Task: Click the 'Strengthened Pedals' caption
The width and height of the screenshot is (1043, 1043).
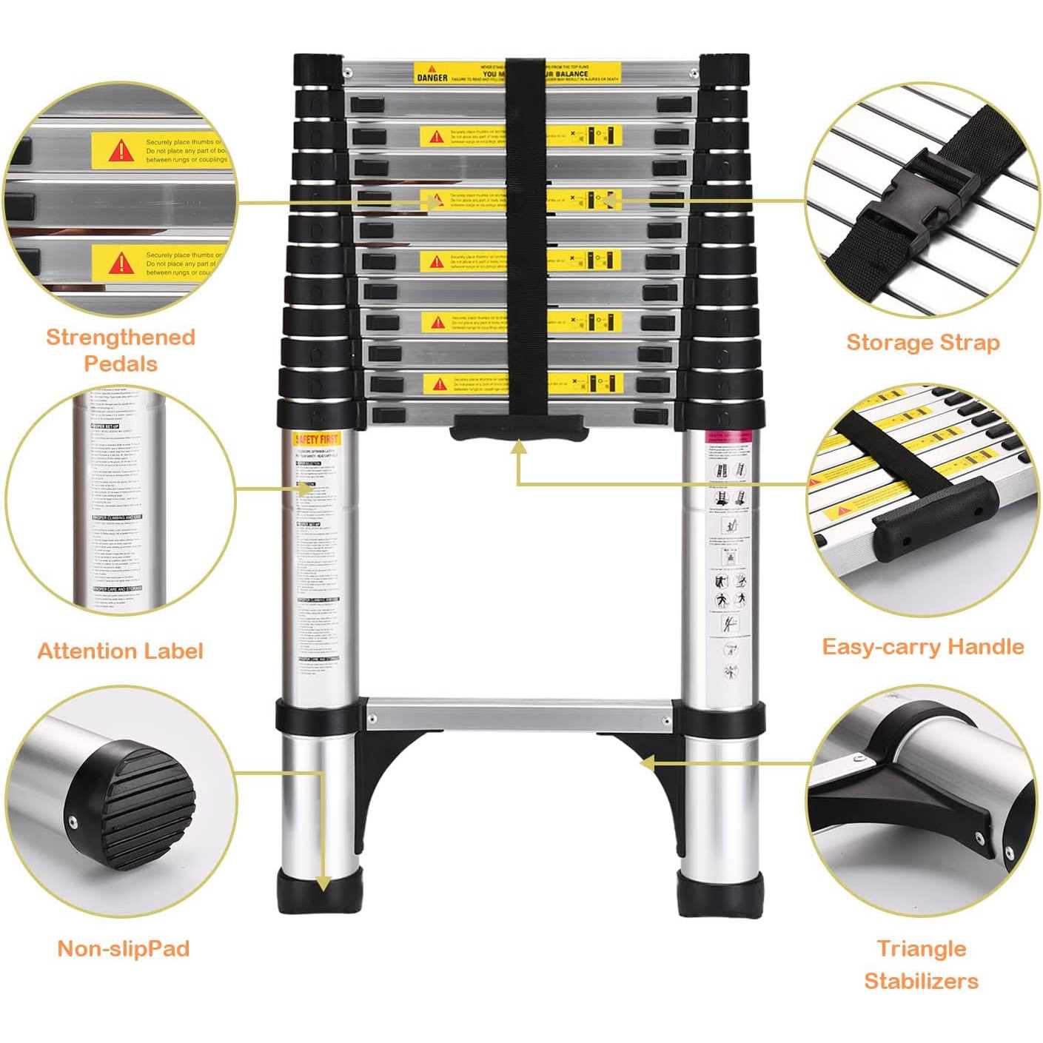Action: pos(121,350)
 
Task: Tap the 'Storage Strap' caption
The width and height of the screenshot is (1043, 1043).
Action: pos(922,342)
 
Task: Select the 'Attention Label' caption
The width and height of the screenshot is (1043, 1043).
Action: pos(120,651)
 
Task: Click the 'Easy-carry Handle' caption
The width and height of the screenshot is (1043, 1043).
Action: pos(922,646)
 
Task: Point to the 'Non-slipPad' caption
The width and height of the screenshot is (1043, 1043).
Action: pos(123,948)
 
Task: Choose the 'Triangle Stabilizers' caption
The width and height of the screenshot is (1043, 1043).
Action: pos(921,965)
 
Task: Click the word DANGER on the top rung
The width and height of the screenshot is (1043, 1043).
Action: pos(432,77)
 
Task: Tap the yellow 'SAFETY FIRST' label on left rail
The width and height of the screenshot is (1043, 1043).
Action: pos(316,439)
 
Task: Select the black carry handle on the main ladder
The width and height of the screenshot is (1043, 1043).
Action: pos(519,428)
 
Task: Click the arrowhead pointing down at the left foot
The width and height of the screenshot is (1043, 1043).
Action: pos(323,883)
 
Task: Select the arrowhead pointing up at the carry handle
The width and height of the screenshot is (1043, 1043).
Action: pos(519,446)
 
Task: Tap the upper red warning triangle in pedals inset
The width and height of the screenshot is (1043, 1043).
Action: pos(120,151)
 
